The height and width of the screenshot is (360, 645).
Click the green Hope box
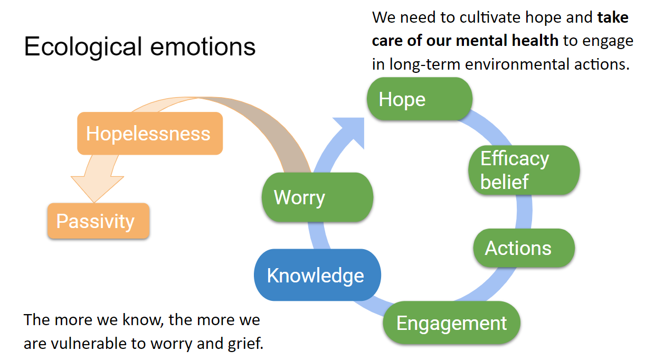point(420,99)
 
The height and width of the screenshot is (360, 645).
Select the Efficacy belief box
point(524,170)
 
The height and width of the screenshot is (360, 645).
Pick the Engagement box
point(451,323)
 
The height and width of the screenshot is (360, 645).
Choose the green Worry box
point(317,197)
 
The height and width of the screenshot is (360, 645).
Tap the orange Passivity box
point(98,221)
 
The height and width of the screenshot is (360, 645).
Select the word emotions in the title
point(203,46)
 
